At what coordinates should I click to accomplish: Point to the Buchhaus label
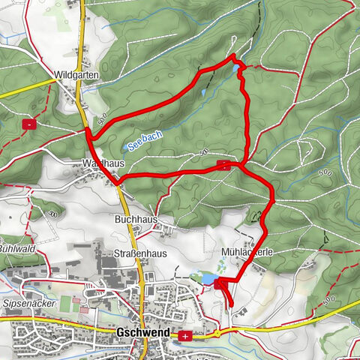135,220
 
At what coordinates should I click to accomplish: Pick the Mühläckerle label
246,253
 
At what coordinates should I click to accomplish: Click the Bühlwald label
16,247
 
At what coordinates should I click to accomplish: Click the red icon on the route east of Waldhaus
223,165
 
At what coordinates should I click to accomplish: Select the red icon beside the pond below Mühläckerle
218,283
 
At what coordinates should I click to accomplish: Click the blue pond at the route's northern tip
236,68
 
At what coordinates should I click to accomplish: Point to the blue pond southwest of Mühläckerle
203,278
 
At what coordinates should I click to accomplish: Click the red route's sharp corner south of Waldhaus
117,182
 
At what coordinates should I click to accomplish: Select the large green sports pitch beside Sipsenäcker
65,304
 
